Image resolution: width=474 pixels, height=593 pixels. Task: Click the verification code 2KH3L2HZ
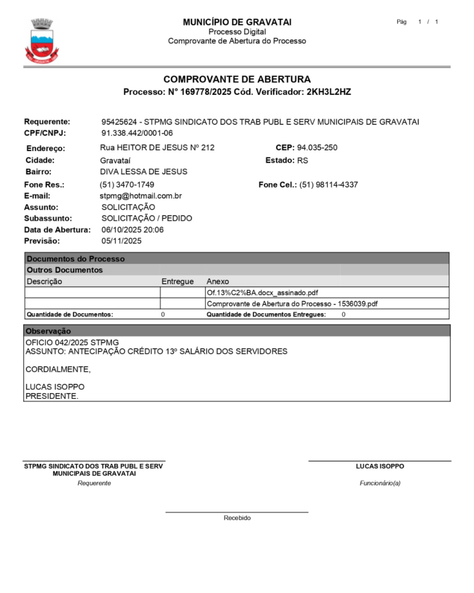point(329,92)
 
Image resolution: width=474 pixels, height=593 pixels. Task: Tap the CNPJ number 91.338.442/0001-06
point(137,133)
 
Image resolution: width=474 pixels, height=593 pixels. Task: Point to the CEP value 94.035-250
point(317,148)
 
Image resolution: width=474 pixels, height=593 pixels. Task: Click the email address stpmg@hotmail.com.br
point(141,196)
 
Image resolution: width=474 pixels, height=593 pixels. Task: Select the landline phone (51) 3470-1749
point(127,185)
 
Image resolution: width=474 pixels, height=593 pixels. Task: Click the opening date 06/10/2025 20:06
point(133,230)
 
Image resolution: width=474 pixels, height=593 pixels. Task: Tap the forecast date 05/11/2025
point(122,241)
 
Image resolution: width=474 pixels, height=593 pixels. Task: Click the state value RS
point(303,160)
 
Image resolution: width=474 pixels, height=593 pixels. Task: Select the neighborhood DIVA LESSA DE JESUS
point(144,172)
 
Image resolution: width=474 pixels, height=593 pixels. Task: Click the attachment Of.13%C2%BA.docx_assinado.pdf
point(262,293)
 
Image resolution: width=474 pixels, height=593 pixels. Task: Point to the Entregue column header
point(178,281)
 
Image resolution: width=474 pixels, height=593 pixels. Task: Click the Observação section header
point(49,331)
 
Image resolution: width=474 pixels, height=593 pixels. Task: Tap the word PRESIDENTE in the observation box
point(51,397)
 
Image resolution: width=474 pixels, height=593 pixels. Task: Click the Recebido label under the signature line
point(237,518)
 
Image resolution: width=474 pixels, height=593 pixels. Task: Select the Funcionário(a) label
point(380,483)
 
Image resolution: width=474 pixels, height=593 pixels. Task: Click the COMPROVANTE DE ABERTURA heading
point(237,79)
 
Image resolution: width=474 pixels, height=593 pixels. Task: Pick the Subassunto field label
point(48,219)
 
